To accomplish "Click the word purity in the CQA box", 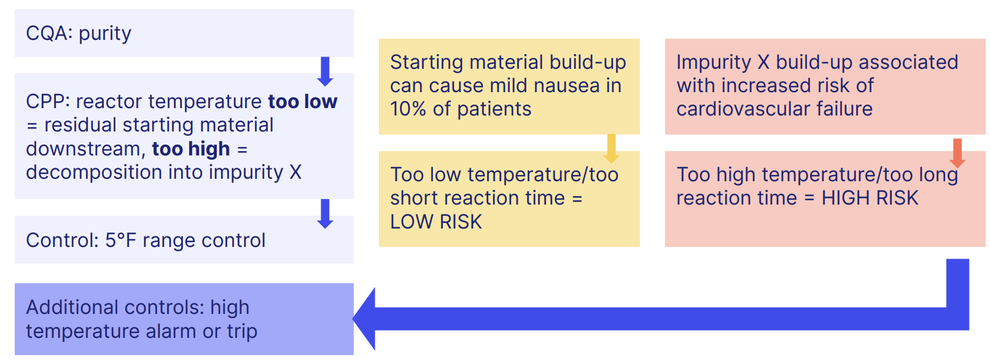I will click(104, 33).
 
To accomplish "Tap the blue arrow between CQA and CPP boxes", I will click(325, 71).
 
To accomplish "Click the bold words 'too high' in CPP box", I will click(191, 149).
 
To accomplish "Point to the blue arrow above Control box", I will click(325, 213).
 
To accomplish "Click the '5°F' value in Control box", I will click(120, 240).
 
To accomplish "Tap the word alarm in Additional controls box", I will click(171, 331).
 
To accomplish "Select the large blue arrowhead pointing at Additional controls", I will click(366, 319).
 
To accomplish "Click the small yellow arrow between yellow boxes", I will click(611, 148).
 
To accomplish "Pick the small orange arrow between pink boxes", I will click(957, 152).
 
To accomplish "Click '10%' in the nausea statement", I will click(408, 109).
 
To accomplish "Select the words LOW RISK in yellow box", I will click(436, 222).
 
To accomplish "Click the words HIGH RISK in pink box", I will click(870, 198).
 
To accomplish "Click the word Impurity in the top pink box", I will click(713, 62).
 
